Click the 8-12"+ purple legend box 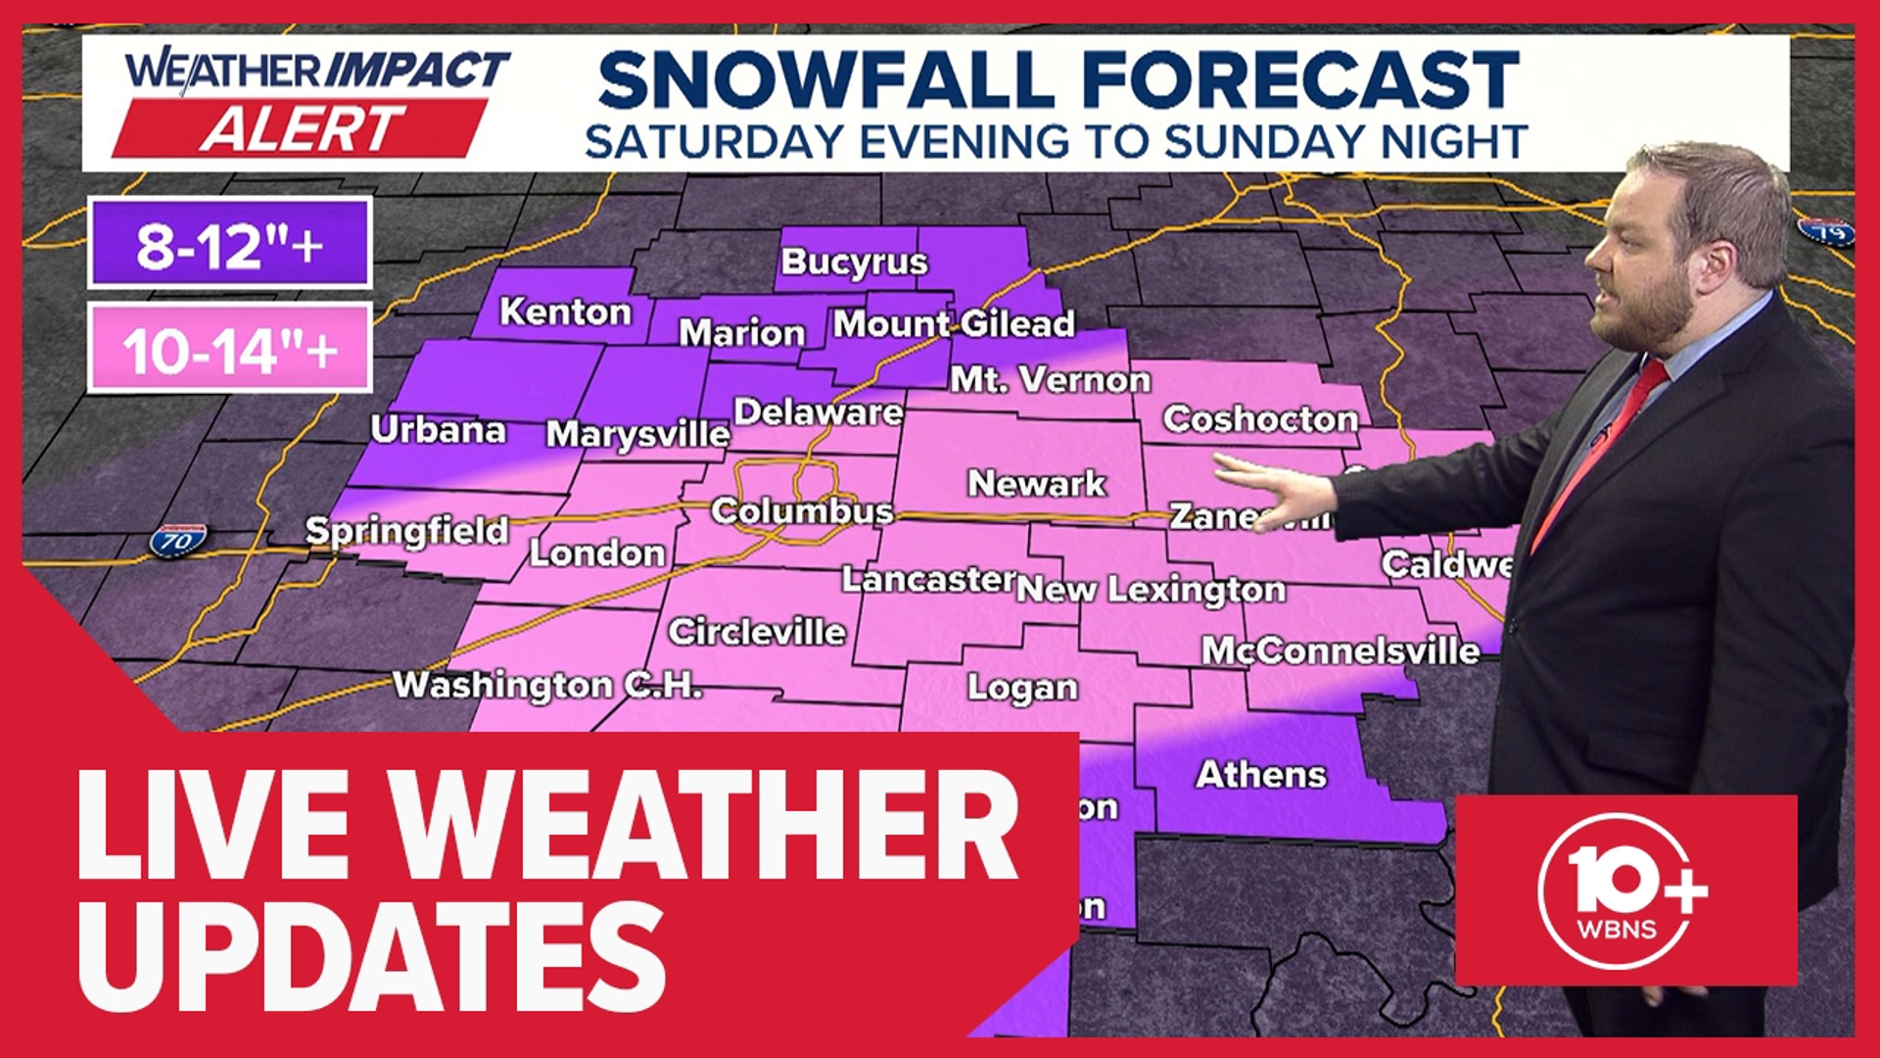tap(229, 243)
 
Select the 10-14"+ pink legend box tap(229, 349)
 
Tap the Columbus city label tap(802, 511)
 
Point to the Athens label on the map tap(1261, 775)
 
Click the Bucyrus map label tap(854, 262)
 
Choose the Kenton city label tap(565, 313)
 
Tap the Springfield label tap(406, 531)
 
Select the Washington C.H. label tap(547, 684)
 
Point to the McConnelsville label tap(1339, 650)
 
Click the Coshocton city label tap(1260, 419)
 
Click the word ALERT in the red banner tap(302, 128)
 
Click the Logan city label tap(1022, 688)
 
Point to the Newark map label tap(1036, 483)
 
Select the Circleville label tap(756, 632)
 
